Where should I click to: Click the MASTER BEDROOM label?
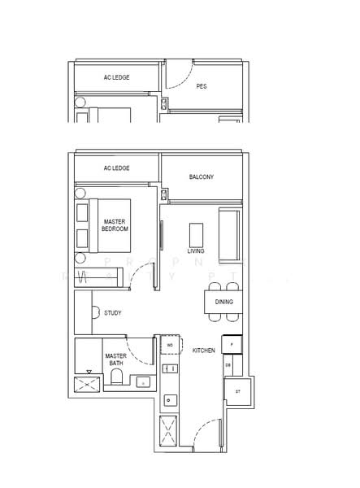click(x=115, y=225)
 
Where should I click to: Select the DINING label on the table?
click(x=224, y=302)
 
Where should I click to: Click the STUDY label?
click(x=113, y=312)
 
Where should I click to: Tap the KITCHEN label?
click(x=203, y=350)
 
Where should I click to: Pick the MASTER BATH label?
click(x=115, y=360)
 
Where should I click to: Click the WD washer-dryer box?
click(x=170, y=345)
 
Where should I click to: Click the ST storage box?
click(x=238, y=391)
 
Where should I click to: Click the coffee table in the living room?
click(x=197, y=233)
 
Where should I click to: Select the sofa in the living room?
click(x=229, y=234)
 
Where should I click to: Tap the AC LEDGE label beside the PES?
click(x=117, y=77)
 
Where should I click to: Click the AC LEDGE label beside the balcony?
click(x=117, y=168)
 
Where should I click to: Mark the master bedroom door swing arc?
click(x=142, y=277)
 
